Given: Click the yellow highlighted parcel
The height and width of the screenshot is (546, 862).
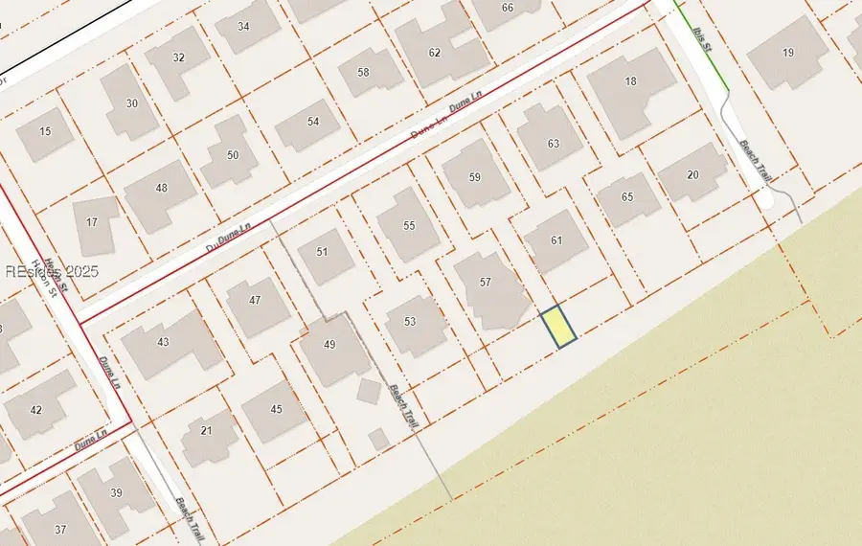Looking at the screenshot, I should [x=558, y=327].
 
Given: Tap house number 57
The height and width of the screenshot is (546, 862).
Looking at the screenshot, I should [x=486, y=283].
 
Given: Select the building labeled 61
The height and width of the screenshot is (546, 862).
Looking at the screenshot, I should [x=556, y=240].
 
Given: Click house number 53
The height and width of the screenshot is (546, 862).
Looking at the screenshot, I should [x=410, y=322].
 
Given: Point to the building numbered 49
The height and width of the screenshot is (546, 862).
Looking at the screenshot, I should [x=329, y=345].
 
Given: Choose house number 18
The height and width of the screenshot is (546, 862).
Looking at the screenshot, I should [x=630, y=82].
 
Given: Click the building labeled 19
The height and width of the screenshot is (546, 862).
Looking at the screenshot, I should [x=788, y=53].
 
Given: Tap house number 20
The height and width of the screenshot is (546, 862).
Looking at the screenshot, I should [x=692, y=174].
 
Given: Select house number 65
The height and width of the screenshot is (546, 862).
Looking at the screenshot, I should [x=627, y=197].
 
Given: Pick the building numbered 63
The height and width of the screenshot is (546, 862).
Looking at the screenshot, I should [x=553, y=144].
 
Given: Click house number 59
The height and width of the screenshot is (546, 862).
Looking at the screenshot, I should [x=475, y=177].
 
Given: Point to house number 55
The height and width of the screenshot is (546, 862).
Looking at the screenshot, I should [x=409, y=226].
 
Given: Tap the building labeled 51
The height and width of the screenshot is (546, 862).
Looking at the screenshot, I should [x=322, y=252].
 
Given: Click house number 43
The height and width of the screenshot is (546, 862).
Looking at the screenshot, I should [x=163, y=342].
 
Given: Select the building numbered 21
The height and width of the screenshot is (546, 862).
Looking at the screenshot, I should [x=206, y=431].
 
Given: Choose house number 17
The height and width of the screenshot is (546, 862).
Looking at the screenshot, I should [x=92, y=223].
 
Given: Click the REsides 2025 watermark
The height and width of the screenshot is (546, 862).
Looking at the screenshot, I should [x=52, y=272].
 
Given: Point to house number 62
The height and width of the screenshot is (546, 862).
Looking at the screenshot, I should [x=435, y=53].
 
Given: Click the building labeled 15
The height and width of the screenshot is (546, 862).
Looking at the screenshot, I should [x=45, y=131].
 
